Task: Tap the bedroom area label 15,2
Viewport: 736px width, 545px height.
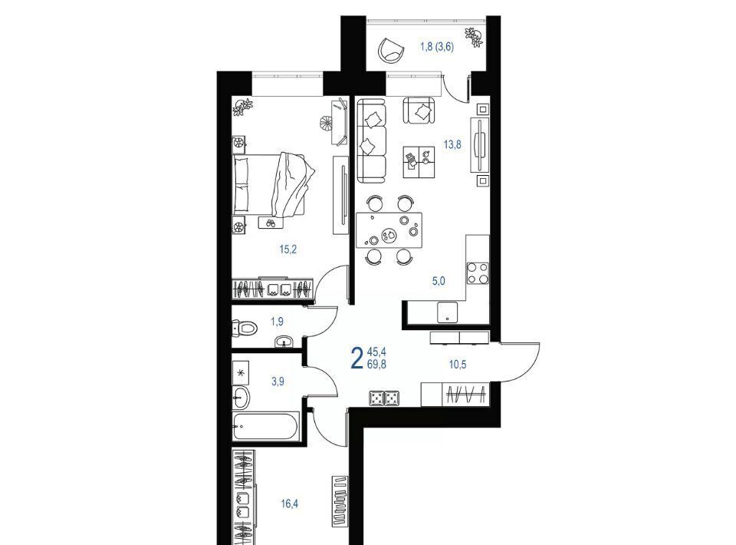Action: click(x=288, y=249)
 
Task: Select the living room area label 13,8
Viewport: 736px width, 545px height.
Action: click(x=452, y=145)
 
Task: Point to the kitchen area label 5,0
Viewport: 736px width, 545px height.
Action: click(x=439, y=282)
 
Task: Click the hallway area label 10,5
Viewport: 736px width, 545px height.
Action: click(x=458, y=364)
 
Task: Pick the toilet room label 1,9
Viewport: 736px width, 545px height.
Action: click(x=277, y=322)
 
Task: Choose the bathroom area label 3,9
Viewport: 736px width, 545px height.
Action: click(x=278, y=381)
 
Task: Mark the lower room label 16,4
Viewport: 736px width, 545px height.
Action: click(x=290, y=504)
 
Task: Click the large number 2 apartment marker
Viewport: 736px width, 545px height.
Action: click(x=357, y=358)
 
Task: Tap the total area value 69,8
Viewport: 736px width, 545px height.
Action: click(x=377, y=364)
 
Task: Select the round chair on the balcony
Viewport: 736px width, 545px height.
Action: click(x=392, y=49)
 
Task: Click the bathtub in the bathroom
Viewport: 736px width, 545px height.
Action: click(x=266, y=426)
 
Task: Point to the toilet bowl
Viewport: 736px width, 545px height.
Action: click(x=245, y=328)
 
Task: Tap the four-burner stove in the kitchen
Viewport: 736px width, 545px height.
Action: click(x=478, y=273)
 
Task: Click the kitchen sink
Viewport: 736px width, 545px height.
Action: click(x=447, y=312)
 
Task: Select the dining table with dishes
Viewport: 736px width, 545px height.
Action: click(x=389, y=230)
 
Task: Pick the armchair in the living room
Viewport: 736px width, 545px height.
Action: click(x=419, y=111)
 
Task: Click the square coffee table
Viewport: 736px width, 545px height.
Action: click(x=419, y=162)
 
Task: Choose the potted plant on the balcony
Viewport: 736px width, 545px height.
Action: click(x=474, y=38)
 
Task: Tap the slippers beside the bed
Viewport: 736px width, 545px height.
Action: click(x=270, y=223)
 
